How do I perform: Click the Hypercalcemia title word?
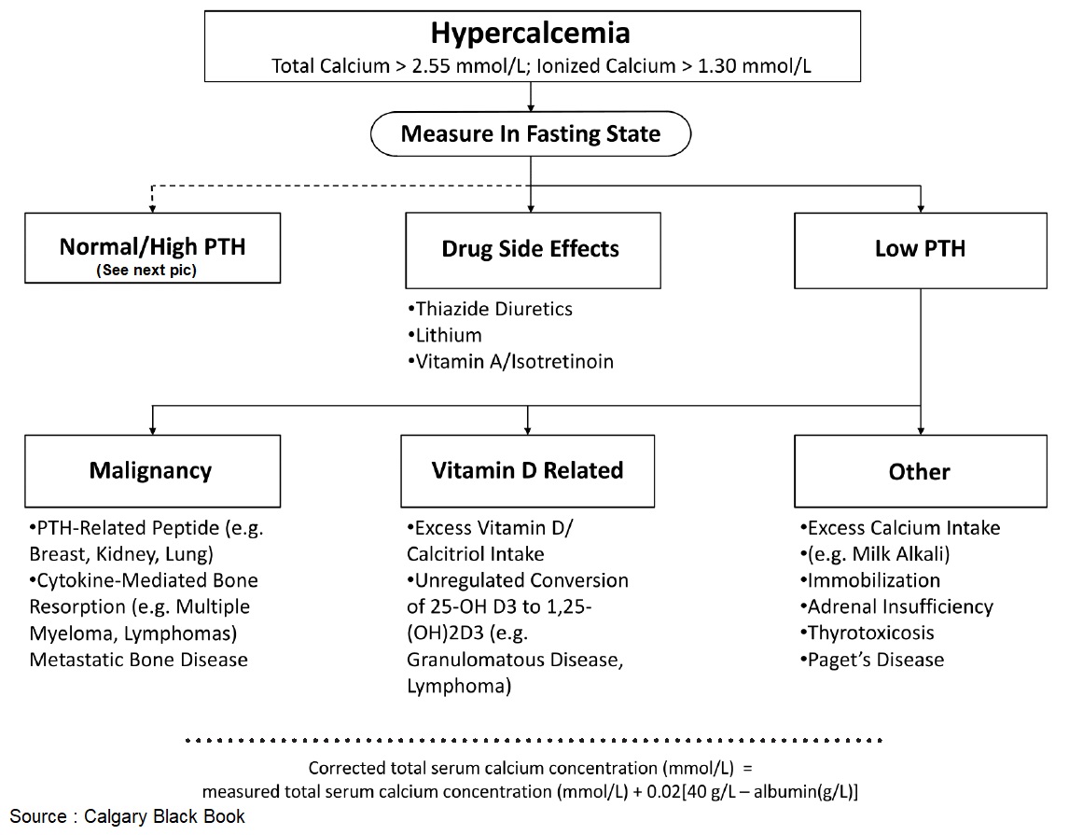tap(530, 34)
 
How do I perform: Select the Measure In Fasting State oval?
tap(530, 133)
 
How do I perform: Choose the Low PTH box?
tap(920, 249)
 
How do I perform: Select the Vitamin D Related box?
tap(528, 470)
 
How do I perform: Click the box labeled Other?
tap(920, 471)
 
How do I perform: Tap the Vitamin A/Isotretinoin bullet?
tap(510, 361)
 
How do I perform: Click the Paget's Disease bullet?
tap(872, 660)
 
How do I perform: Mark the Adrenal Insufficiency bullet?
tap(896, 607)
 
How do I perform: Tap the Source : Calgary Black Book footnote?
tap(128, 816)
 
